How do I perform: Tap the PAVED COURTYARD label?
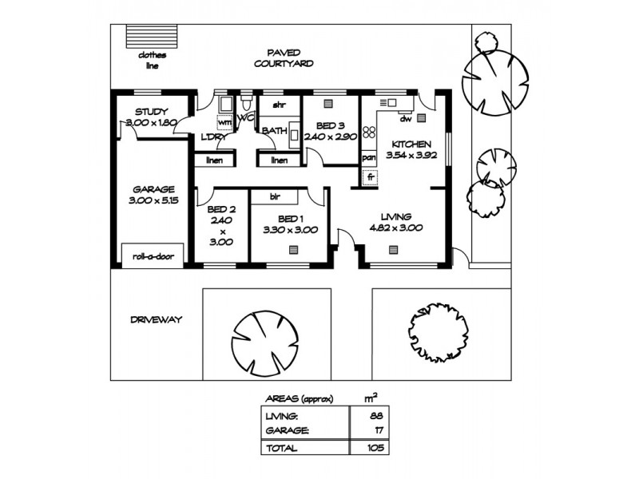click(283, 57)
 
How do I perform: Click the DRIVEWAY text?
click(156, 319)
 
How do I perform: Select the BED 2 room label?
click(221, 211)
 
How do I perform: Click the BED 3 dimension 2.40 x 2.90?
click(329, 137)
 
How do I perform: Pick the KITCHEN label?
click(408, 144)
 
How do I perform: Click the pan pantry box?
click(369, 158)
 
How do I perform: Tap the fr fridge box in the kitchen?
click(370, 177)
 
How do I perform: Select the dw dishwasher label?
click(405, 119)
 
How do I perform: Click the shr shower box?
click(280, 105)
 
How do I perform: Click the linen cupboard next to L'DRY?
click(214, 160)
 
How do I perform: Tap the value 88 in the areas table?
click(375, 416)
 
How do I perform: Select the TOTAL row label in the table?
click(284, 448)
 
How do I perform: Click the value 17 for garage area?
click(375, 431)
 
